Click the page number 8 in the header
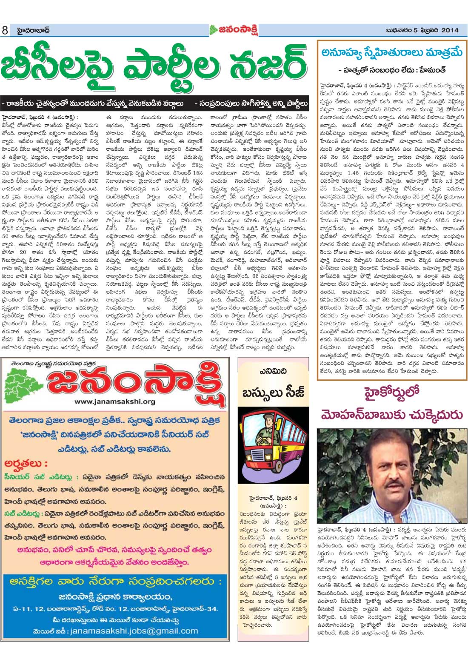click(5, 31)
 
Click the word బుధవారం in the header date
click(399, 30)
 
